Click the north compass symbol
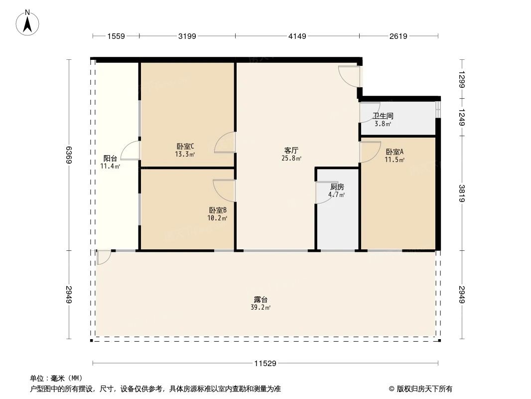[28, 22]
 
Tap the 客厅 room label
[291, 150]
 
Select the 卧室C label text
[185, 146]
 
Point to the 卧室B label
[218, 210]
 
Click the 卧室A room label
[395, 152]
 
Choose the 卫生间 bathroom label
[383, 116]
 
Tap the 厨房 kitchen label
[337, 187]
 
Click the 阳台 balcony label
[110, 158]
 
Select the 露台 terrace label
[261, 300]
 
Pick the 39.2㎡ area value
[261, 308]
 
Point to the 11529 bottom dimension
[265, 364]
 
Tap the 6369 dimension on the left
[69, 155]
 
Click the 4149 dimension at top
[297, 36]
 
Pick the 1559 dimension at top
[116, 36]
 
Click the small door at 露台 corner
[104, 257]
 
